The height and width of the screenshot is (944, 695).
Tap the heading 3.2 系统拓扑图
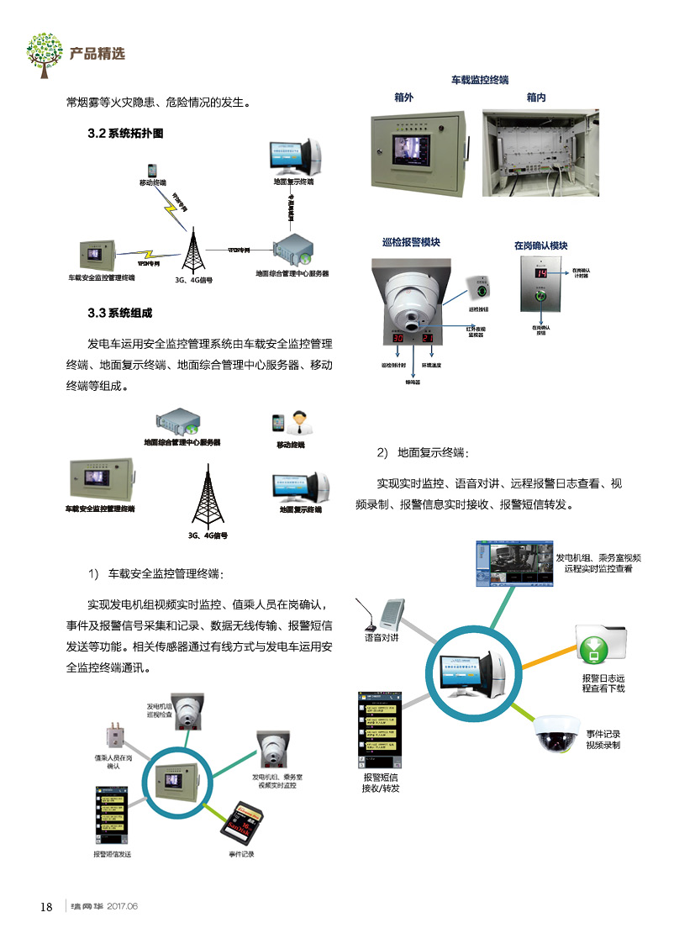pyautogui.click(x=125, y=134)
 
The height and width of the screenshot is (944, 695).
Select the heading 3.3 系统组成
pyautogui.click(x=120, y=314)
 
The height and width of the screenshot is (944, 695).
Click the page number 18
pyautogui.click(x=46, y=906)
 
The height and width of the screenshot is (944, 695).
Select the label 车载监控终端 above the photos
pyautogui.click(x=479, y=80)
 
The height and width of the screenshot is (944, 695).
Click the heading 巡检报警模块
pyautogui.click(x=411, y=243)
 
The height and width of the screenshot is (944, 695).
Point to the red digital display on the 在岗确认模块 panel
pyautogui.click(x=541, y=274)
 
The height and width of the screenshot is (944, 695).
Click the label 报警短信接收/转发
pyautogui.click(x=380, y=783)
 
